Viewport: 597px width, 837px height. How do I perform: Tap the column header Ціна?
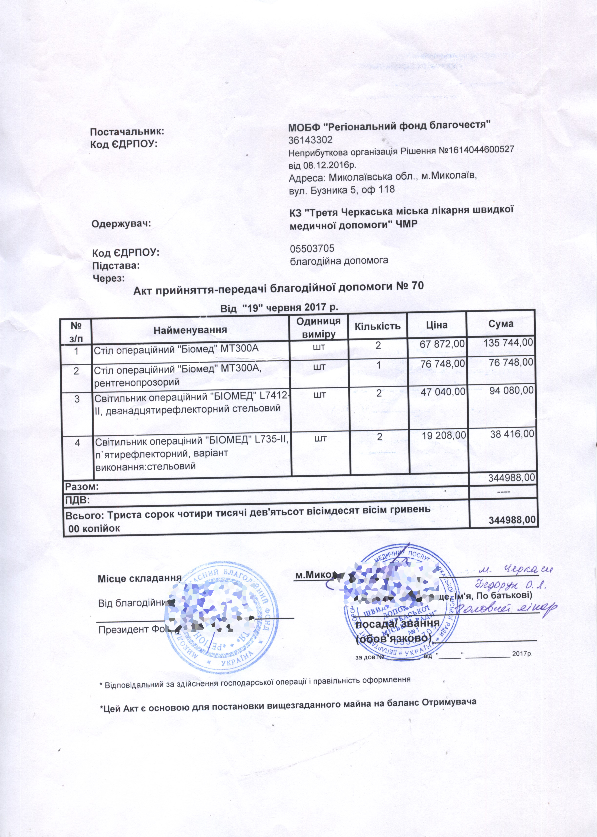[436, 325]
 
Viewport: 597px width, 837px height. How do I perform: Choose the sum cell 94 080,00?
[511, 390]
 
